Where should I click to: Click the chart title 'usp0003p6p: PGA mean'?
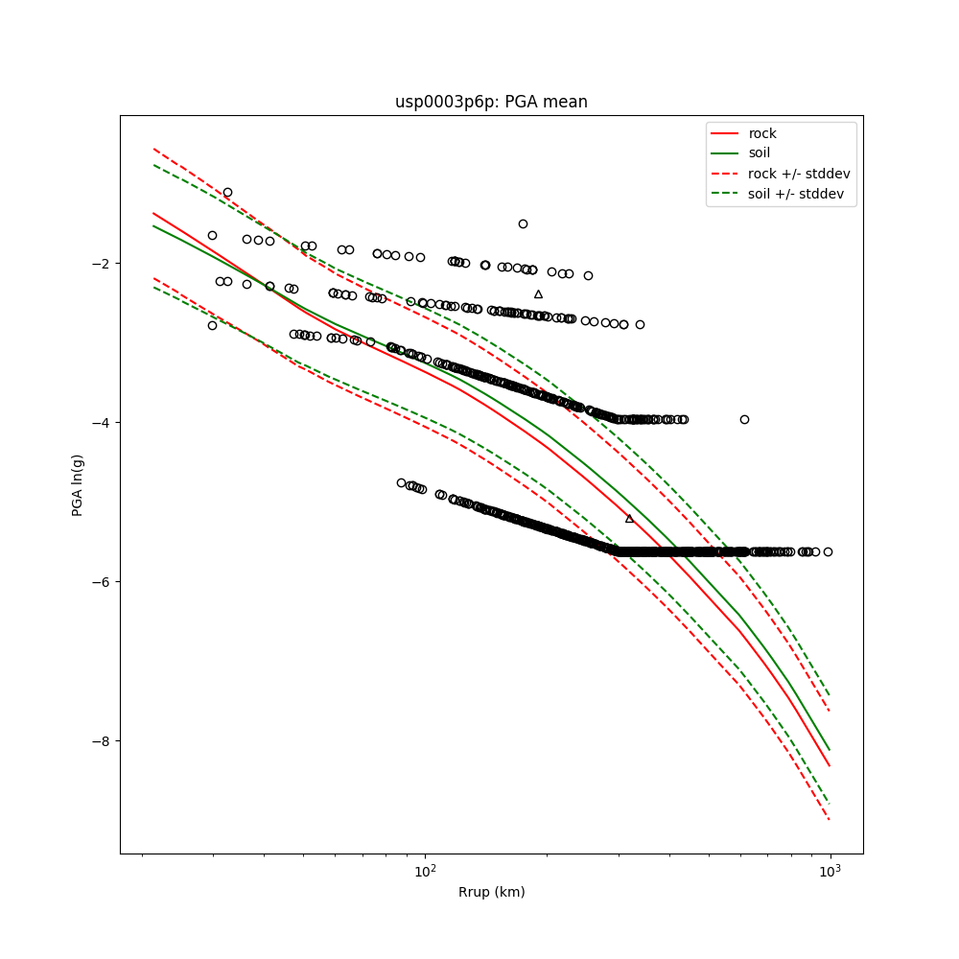pos(491,102)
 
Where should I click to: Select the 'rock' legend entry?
pos(762,133)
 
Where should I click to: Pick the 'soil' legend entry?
pos(760,153)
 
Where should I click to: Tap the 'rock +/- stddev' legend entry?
pos(799,174)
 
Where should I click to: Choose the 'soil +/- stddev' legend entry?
pos(797,194)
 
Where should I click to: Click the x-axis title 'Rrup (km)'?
pos(491,892)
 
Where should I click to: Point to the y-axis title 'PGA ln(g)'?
pos(78,484)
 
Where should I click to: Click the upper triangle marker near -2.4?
pos(538,294)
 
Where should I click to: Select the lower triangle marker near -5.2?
pos(629,519)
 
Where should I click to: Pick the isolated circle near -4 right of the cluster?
pos(744,419)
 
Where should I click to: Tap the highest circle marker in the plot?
pos(227,193)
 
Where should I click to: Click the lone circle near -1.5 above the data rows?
pos(523,223)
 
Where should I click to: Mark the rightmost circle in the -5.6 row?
pos(828,551)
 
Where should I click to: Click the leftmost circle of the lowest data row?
pos(401,482)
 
